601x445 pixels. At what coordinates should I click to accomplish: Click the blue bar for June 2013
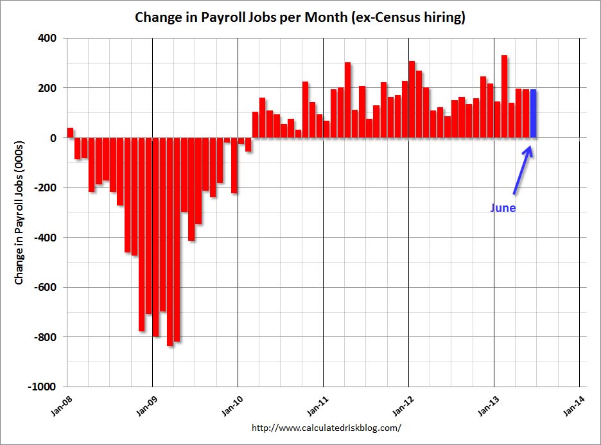point(533,114)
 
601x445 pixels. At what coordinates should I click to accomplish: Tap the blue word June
point(503,208)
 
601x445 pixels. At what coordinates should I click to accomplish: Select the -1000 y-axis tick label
point(42,387)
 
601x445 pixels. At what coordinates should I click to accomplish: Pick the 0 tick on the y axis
point(53,138)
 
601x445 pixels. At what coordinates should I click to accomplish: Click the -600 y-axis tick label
point(45,288)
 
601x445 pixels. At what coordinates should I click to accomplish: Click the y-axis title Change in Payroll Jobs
point(20,213)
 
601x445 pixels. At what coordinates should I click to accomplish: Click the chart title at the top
point(300,17)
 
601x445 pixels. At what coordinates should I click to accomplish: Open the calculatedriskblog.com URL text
point(326,427)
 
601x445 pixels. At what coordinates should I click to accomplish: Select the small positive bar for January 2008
point(70,133)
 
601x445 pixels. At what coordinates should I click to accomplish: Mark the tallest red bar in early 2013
point(505,96)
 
